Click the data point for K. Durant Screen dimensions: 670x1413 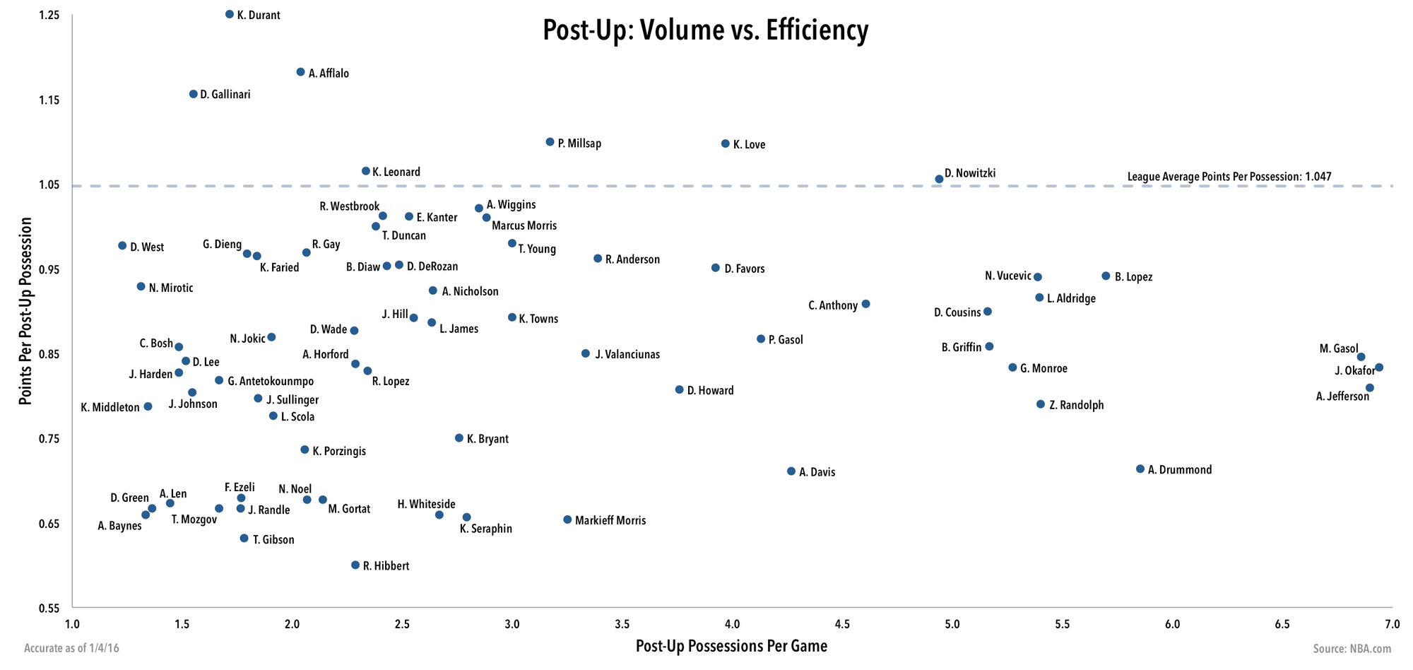point(229,14)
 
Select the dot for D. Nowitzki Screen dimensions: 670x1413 point(939,180)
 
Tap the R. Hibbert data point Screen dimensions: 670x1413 point(355,565)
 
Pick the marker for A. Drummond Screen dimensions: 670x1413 point(1140,469)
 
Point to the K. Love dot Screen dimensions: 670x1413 point(725,143)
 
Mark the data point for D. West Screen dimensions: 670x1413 point(122,246)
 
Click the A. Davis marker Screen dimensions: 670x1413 point(791,471)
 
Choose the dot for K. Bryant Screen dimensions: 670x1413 point(459,438)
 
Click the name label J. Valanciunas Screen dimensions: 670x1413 point(627,354)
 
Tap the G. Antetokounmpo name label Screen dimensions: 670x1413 point(271,382)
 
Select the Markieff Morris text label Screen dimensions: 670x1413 point(610,521)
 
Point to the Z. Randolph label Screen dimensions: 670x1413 point(1076,406)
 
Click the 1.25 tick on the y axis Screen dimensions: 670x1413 point(49,16)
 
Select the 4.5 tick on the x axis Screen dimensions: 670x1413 point(842,625)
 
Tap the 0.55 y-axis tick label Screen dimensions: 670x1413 point(49,608)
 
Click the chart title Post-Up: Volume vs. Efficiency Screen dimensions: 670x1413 point(705,31)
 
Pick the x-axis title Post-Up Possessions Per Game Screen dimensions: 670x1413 point(731,646)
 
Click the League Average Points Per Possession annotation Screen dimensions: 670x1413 point(1229,177)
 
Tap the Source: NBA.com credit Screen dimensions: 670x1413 point(1352,649)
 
